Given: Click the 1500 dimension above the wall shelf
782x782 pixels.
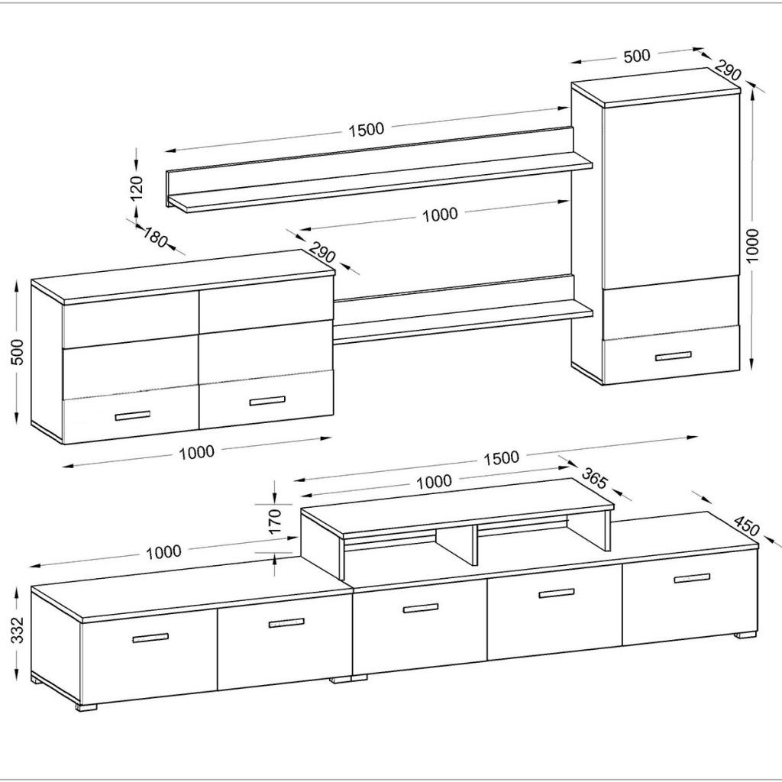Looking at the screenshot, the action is tap(367, 129).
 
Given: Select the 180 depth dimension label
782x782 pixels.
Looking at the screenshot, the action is tap(154, 238).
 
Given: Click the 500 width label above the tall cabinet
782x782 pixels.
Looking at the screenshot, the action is tap(637, 56).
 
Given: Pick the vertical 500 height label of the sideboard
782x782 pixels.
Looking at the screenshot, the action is tap(18, 351).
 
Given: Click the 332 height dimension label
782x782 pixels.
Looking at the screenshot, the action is tap(18, 630).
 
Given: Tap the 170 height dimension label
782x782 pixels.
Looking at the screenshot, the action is tap(275, 520).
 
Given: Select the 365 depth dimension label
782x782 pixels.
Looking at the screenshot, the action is tap(595, 479).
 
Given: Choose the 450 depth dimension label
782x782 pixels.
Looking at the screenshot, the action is tap(746, 525).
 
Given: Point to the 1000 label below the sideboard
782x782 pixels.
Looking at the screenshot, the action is tap(196, 452).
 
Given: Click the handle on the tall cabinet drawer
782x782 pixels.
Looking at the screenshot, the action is tap(673, 356).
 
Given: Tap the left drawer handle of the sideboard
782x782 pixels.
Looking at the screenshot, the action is tap(132, 415).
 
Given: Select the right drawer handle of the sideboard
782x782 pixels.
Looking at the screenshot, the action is tap(267, 401).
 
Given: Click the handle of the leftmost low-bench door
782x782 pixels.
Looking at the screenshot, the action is tap(150, 638).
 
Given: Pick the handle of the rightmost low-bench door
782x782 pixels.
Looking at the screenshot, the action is tap(692, 578).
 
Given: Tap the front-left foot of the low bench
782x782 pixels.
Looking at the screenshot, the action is tap(87, 706).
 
